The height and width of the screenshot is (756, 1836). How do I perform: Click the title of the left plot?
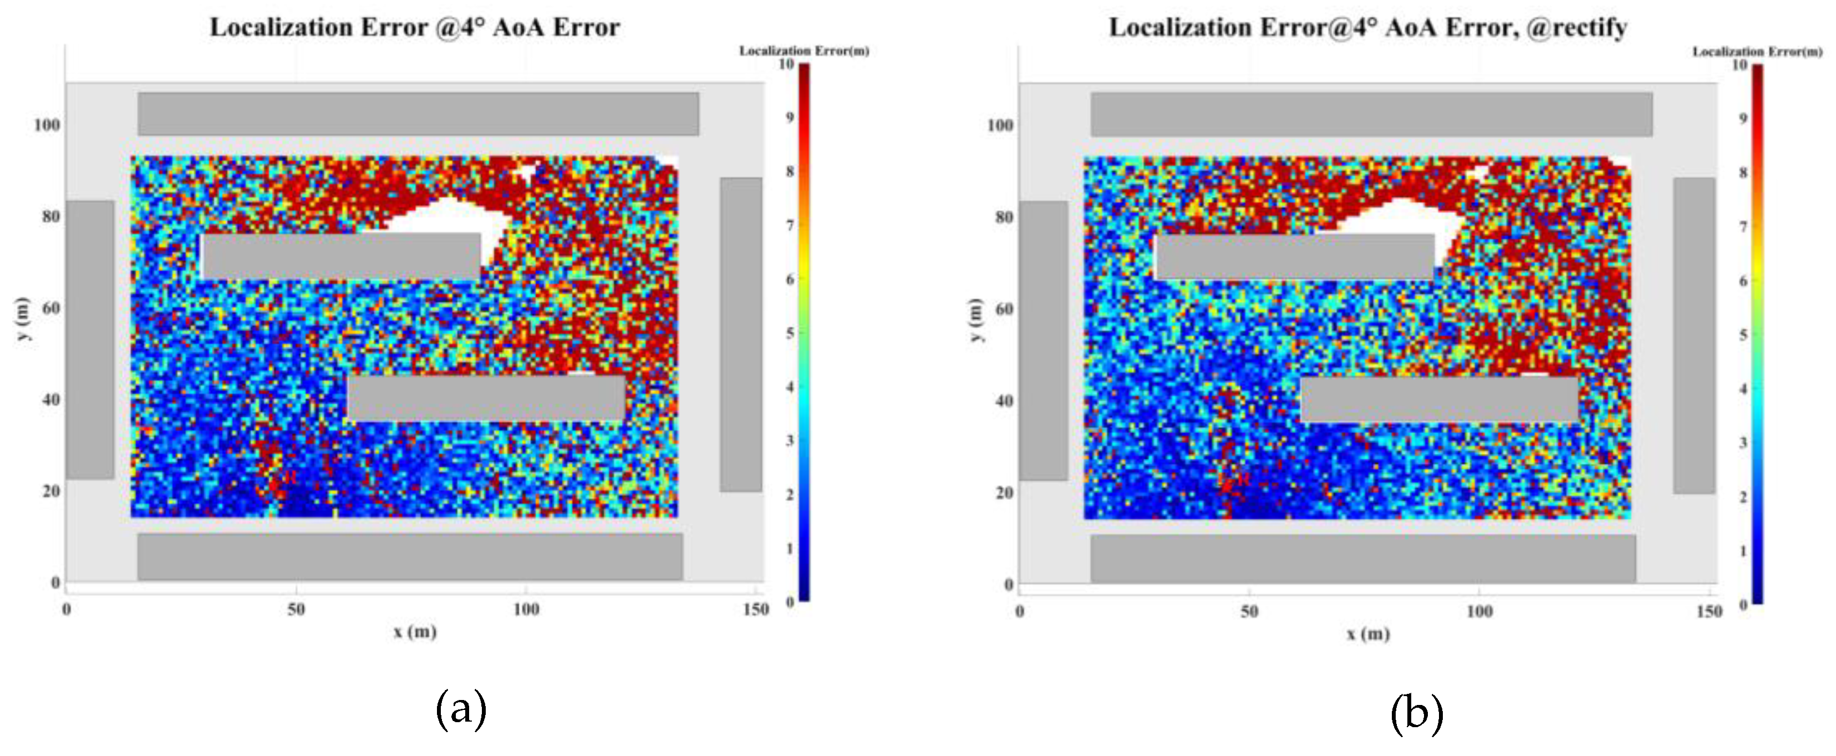click(414, 28)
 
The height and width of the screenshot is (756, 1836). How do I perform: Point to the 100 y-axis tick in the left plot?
click(47, 125)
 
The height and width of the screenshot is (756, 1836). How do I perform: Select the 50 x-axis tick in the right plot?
click(1249, 611)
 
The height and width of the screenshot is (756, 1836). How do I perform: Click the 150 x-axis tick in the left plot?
click(755, 609)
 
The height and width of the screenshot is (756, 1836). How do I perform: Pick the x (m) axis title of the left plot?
click(415, 632)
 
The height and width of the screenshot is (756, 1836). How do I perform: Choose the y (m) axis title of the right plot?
click(975, 319)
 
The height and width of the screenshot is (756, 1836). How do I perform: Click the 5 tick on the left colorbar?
click(790, 333)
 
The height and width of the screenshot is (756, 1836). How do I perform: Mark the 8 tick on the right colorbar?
click(1743, 172)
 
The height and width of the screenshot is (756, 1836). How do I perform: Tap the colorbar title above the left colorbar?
click(804, 50)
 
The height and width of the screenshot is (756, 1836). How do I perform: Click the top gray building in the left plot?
click(418, 113)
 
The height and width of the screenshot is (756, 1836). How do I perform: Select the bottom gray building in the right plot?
click(1363, 558)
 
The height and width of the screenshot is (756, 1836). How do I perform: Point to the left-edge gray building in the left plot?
click(90, 339)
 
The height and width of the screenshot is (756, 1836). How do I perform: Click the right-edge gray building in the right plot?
click(1694, 335)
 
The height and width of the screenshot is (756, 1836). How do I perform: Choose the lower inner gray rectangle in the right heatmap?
click(1440, 399)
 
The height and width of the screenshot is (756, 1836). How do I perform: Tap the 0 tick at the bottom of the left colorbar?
click(790, 602)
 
